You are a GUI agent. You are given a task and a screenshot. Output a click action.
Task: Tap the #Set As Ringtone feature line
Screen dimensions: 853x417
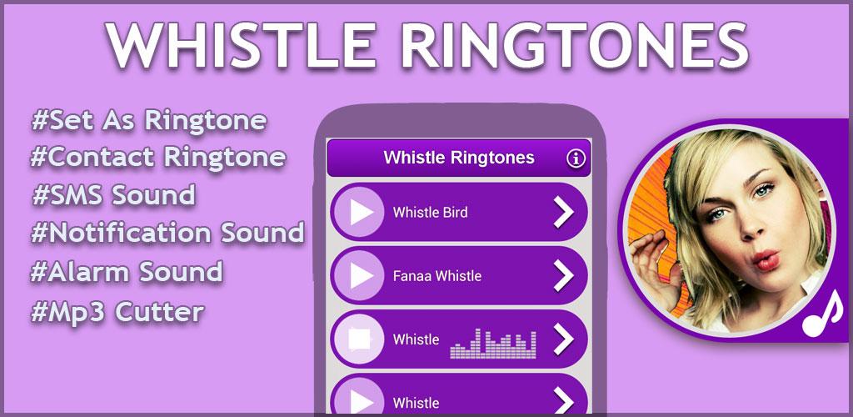[x=149, y=121]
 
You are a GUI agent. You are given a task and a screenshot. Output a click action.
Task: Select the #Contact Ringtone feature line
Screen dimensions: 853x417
[x=158, y=158]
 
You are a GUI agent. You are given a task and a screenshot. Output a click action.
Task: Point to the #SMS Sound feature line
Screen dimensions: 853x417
[x=113, y=195]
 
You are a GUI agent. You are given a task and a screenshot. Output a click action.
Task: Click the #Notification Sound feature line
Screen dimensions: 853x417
[x=167, y=233]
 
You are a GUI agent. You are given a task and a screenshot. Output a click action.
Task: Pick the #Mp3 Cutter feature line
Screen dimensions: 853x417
[x=117, y=313]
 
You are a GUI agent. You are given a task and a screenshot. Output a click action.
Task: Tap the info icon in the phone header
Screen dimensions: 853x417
[x=576, y=158]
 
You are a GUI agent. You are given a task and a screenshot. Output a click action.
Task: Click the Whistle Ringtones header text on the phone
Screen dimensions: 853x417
[x=459, y=158]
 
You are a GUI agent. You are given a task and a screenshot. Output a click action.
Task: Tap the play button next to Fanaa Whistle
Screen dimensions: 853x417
[x=359, y=275]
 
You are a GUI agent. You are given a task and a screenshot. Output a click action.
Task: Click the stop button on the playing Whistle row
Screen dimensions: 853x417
[x=359, y=339]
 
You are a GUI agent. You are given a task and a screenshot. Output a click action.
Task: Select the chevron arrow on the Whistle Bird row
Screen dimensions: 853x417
[x=564, y=213]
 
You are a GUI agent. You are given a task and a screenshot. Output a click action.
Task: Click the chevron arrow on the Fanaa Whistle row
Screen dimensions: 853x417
[x=564, y=276]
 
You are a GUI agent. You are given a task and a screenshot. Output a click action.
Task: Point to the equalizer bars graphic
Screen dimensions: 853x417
[x=493, y=344]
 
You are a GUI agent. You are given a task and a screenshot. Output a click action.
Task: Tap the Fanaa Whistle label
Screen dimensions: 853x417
[x=436, y=276]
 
